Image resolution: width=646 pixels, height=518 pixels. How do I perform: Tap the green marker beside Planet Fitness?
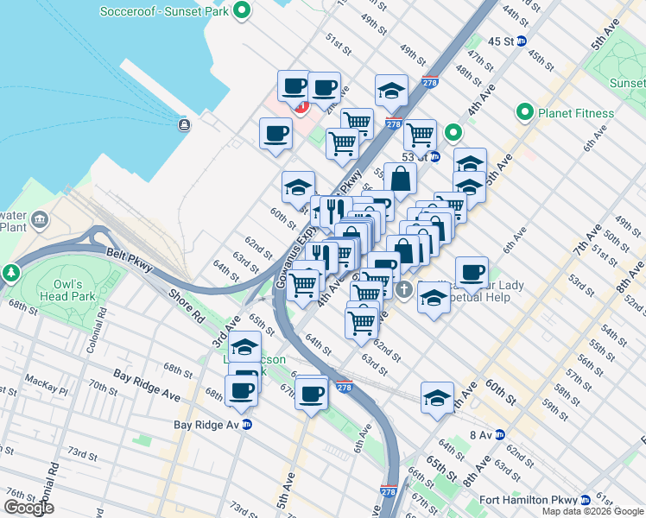(523, 112)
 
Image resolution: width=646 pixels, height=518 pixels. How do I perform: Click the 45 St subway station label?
(501, 41)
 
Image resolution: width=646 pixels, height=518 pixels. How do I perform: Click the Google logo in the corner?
(28, 507)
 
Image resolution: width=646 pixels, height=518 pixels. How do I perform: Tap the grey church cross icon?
(405, 288)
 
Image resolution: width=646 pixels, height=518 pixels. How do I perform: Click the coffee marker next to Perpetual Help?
(472, 273)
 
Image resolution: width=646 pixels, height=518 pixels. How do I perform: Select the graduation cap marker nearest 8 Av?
(437, 398)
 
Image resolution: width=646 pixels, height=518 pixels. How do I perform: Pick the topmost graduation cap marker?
(391, 90)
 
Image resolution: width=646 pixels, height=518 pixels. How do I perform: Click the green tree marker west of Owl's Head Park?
(11, 272)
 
